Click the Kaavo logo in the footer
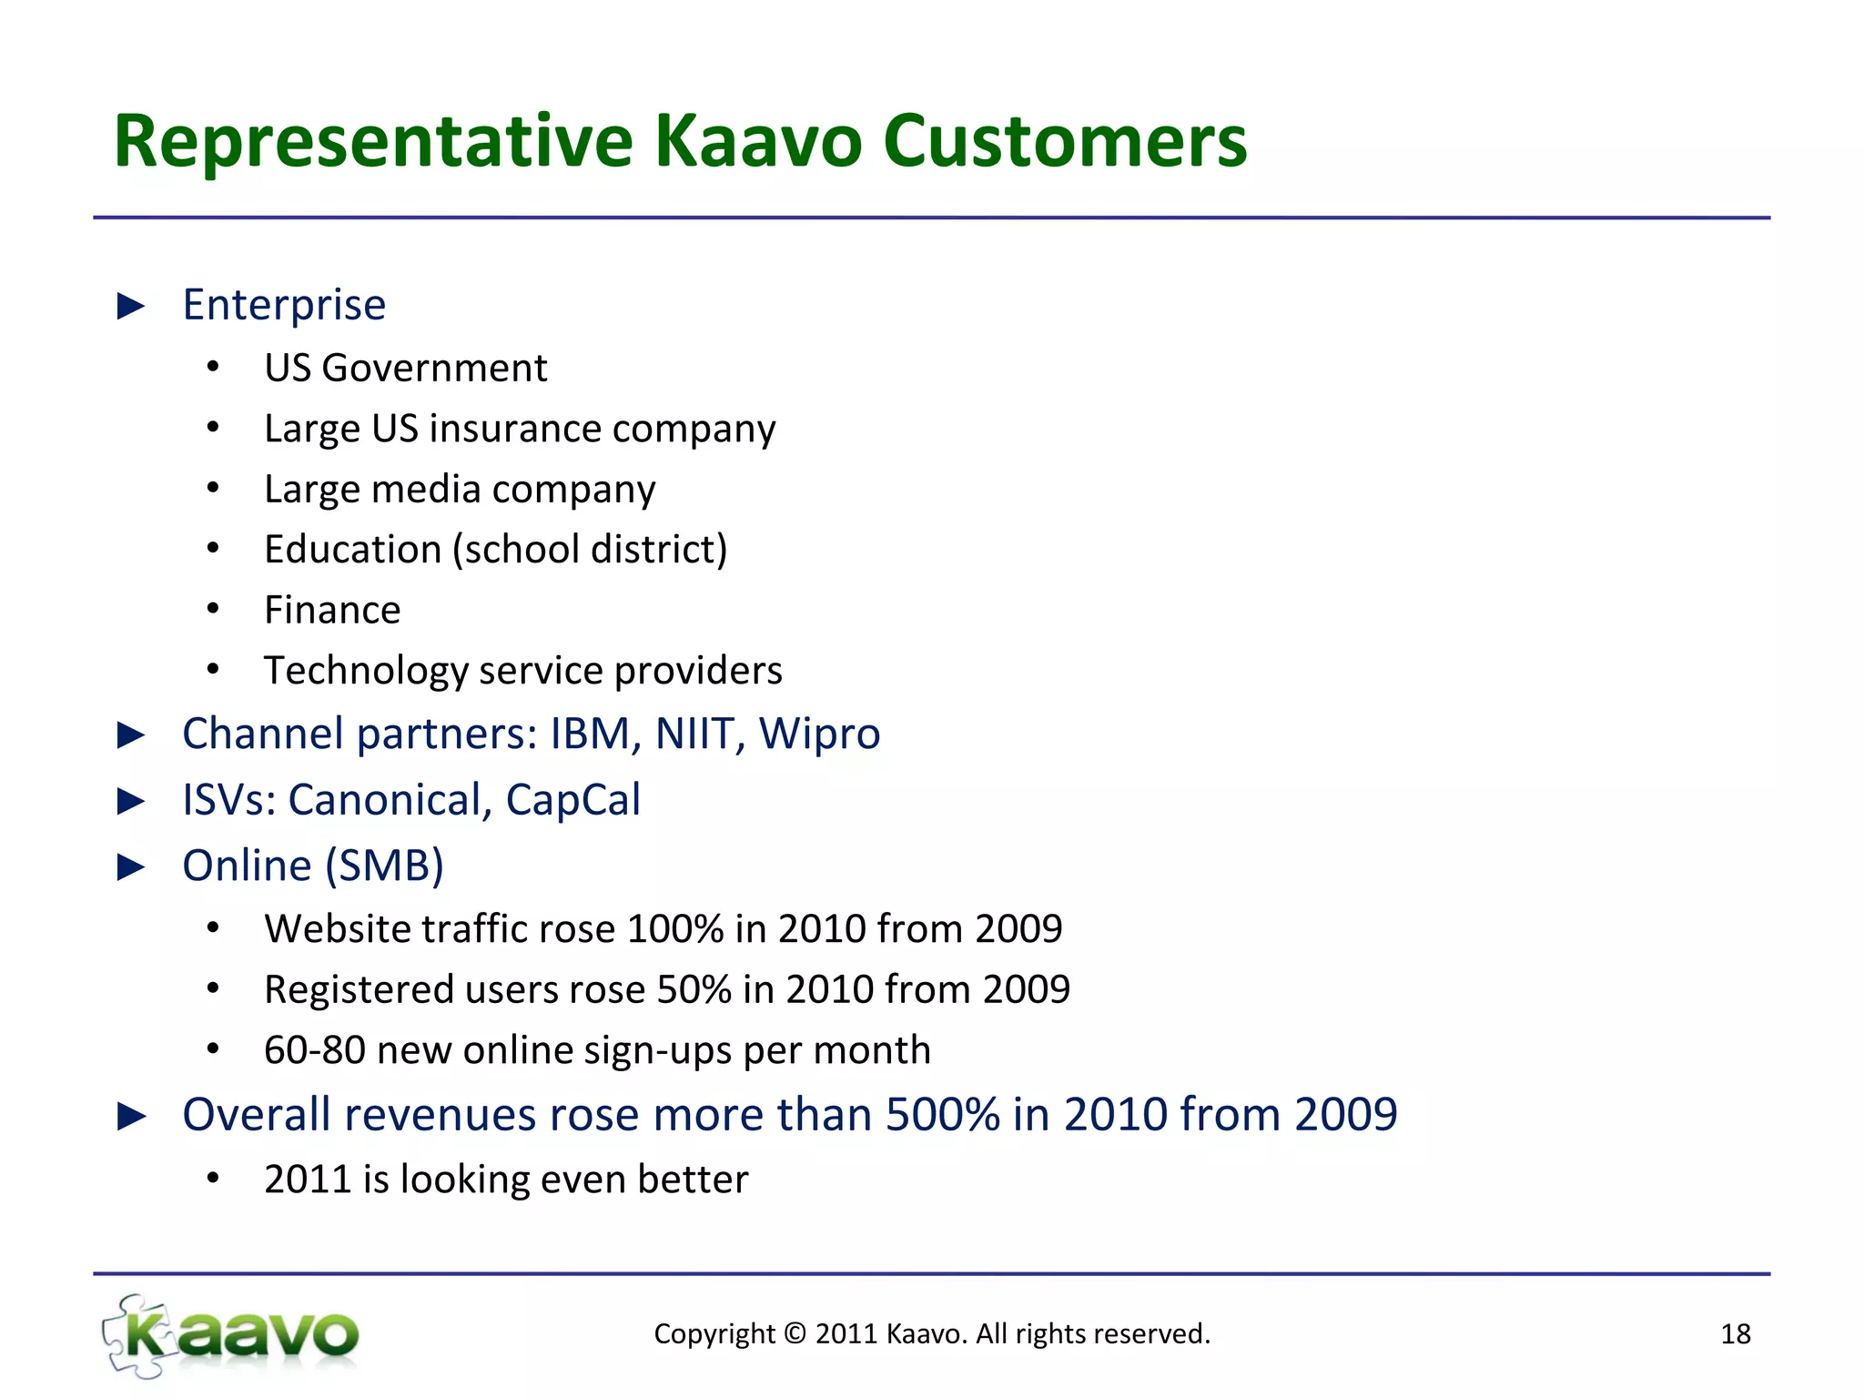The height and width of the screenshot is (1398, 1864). pyautogui.click(x=231, y=1335)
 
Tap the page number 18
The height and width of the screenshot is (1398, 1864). pyautogui.click(x=1735, y=1334)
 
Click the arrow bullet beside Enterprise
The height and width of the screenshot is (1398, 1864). pyautogui.click(x=132, y=307)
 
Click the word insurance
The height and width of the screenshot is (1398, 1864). pyautogui.click(x=515, y=429)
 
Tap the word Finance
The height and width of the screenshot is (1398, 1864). pyautogui.click(x=332, y=610)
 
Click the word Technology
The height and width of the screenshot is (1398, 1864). pyautogui.click(x=366, y=671)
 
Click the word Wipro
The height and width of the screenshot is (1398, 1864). pyautogui.click(x=819, y=734)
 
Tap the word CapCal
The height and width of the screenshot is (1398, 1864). pyautogui.click(x=572, y=800)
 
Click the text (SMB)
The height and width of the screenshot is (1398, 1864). pyautogui.click(x=385, y=866)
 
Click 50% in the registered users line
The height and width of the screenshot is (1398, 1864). pyautogui.click(x=694, y=989)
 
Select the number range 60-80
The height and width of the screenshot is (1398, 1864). pyautogui.click(x=314, y=1050)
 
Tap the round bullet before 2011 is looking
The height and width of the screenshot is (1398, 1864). pyautogui.click(x=213, y=1179)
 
